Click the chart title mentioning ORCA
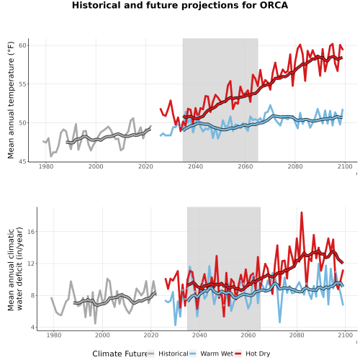[x=180, y=5]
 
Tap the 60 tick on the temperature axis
[x=22, y=45]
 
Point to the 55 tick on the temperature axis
[x=22, y=84]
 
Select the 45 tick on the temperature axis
[x=22, y=161]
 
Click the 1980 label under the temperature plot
[x=46, y=166]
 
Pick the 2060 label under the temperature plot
[x=246, y=166]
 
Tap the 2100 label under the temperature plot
[x=345, y=166]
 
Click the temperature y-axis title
[x=11, y=100]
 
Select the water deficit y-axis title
[x=15, y=269]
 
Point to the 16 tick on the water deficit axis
[x=32, y=232]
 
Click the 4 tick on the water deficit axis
[x=32, y=328]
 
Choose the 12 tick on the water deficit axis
[x=32, y=264]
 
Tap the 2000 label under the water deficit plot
[x=102, y=335]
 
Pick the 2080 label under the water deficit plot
[x=297, y=335]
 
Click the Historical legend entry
[x=168, y=354]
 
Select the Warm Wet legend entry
[x=211, y=354]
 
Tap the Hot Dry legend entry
[x=253, y=354]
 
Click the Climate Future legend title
[x=120, y=354]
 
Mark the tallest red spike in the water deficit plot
[x=302, y=212]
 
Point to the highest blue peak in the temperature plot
[x=271, y=105]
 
